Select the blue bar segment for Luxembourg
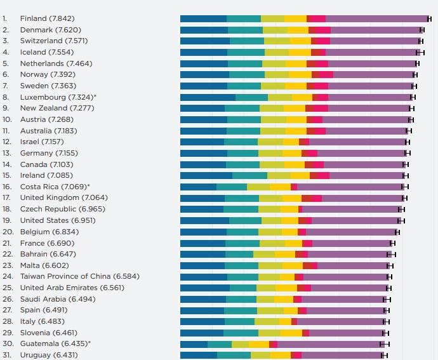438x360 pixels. pyautogui.click(x=208, y=97)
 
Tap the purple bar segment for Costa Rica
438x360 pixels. pyautogui.click(x=350, y=187)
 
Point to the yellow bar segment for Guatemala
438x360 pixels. pyautogui.click(x=258, y=343)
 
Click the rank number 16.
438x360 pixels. pyautogui.click(x=6, y=187)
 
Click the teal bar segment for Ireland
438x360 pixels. pyautogui.click(x=249, y=175)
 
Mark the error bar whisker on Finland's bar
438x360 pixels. pyautogui.click(x=429, y=19)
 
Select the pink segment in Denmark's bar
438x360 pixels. pyautogui.click(x=322, y=30)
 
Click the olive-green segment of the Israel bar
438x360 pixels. pyautogui.click(x=270, y=142)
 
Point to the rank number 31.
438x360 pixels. pyautogui.click(x=6, y=355)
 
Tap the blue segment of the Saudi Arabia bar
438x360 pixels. pyautogui.click(x=202, y=298)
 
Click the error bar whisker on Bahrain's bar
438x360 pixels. pyautogui.click(x=391, y=254)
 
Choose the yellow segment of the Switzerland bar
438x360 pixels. pyautogui.click(x=300, y=41)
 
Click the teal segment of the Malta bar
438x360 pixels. pyautogui.click(x=241, y=265)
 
